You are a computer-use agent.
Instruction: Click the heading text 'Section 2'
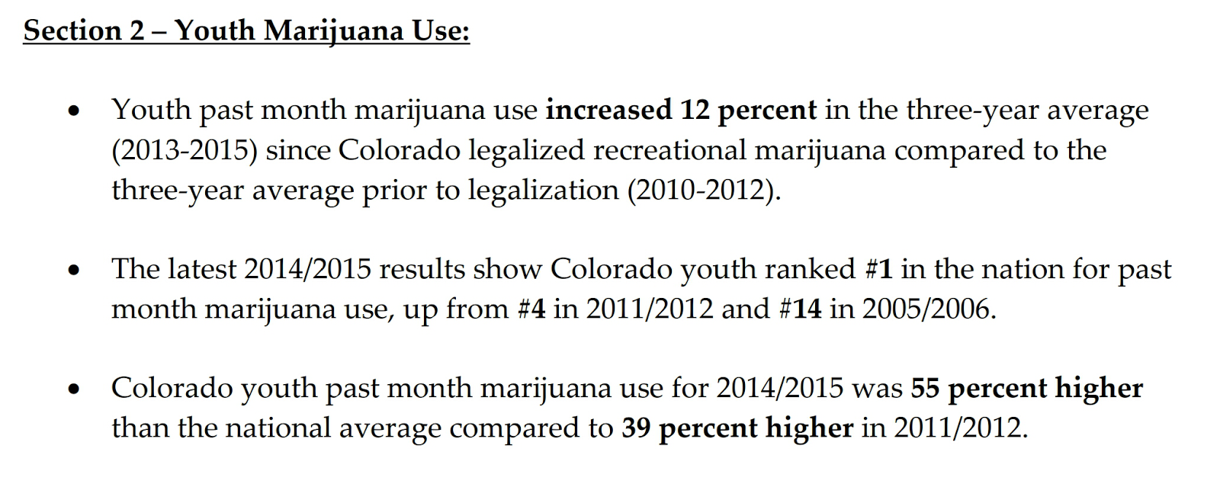(x=84, y=30)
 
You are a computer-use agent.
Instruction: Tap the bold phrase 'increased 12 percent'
(x=681, y=111)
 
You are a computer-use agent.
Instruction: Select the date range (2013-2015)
(x=184, y=150)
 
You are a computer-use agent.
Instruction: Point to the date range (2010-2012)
(x=704, y=190)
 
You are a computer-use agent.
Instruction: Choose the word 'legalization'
(x=543, y=190)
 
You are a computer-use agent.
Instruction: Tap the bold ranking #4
(x=531, y=309)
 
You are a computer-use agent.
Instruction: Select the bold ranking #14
(x=800, y=309)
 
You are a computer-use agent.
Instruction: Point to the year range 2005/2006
(x=929, y=309)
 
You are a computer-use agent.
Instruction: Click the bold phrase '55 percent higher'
(x=1026, y=388)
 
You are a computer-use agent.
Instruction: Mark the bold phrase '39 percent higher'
(x=737, y=428)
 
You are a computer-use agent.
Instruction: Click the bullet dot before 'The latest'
(x=73, y=271)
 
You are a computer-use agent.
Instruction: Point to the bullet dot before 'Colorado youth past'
(x=73, y=389)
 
